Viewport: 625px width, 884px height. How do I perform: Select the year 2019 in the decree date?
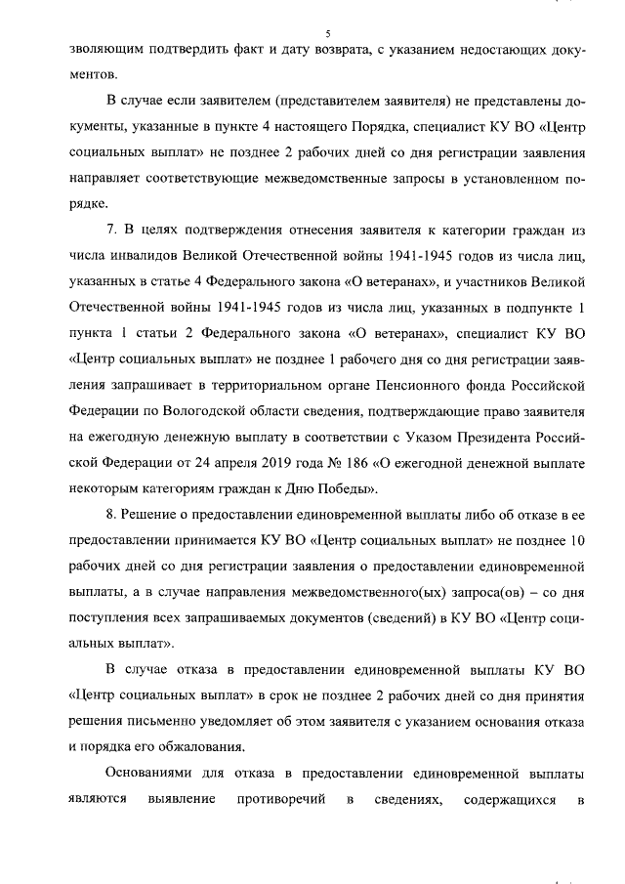(262, 462)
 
